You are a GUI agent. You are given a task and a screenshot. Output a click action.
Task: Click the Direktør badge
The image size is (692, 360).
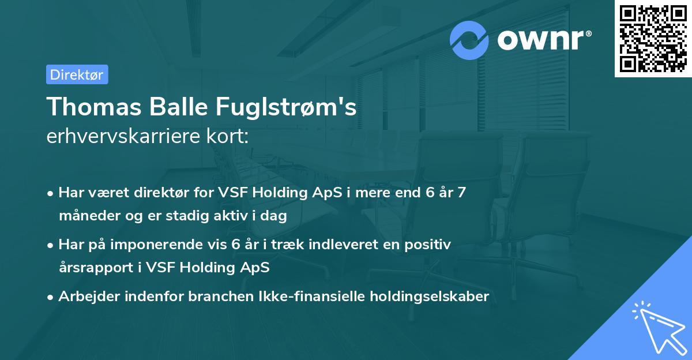pos(77,74)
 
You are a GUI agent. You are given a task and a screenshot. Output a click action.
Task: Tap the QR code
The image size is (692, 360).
pos(653,38)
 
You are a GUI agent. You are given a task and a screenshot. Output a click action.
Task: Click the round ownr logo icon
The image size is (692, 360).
pos(469,40)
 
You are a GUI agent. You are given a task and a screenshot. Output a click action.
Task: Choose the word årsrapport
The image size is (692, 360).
pos(93,268)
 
